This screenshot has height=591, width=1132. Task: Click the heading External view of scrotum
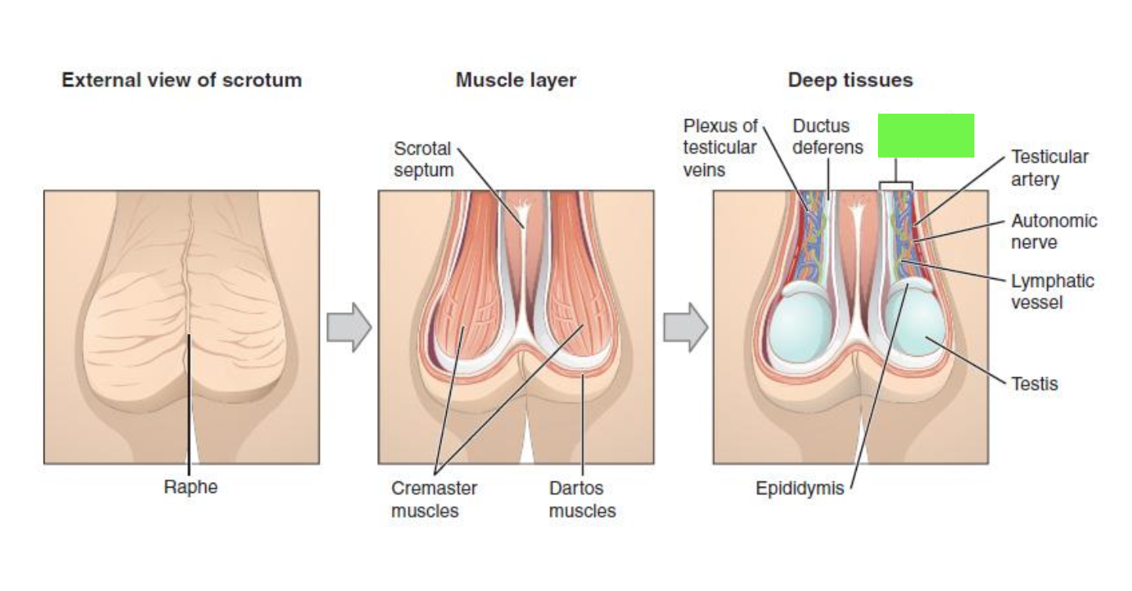point(182,80)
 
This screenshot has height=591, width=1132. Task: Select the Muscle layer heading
point(516,81)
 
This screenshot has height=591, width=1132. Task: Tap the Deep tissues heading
point(851,80)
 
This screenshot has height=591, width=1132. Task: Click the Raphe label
point(190,487)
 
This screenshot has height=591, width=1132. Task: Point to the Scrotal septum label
point(423,159)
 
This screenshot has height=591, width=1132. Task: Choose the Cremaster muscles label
point(434,499)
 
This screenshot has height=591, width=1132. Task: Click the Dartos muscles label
point(582,499)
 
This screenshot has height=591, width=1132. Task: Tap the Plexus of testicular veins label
point(720,147)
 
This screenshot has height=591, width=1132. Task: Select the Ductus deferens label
point(828,136)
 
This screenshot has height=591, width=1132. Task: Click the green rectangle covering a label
point(926,136)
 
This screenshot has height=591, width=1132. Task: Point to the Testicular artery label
point(1050,168)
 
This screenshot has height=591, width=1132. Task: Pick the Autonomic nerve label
point(1054,231)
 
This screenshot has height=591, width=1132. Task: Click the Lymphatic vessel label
point(1053,292)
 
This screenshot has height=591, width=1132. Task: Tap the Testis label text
point(1035,384)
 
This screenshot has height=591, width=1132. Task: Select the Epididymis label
point(800,488)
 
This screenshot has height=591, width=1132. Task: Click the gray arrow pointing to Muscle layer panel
point(349,328)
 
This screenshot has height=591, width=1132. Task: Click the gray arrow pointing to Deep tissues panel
point(686,328)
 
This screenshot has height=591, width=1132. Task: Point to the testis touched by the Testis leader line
point(915,322)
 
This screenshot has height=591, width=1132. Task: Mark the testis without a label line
point(800,328)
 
